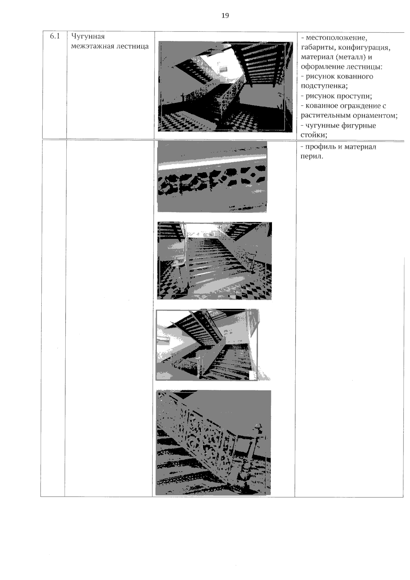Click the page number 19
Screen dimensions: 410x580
click(x=225, y=16)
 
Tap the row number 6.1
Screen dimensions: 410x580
click(x=55, y=36)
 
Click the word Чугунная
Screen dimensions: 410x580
click(x=88, y=37)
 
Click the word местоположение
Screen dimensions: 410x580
click(x=336, y=38)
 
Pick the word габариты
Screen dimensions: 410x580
click(x=319, y=48)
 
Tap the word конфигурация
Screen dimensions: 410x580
click(x=365, y=48)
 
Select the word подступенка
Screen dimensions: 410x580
click(x=324, y=86)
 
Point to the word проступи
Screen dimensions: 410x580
click(x=354, y=96)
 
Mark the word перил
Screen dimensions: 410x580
click(x=312, y=157)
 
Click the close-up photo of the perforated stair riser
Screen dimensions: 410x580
click(x=212, y=177)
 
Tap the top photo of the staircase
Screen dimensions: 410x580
click(x=225, y=86)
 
